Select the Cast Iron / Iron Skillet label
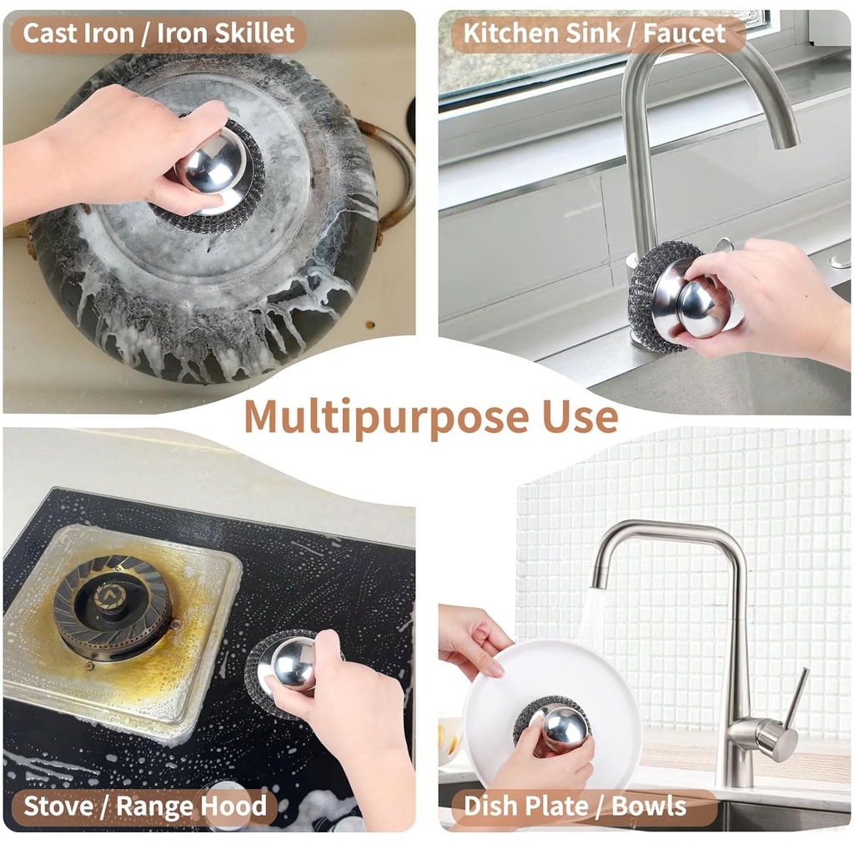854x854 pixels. click(x=158, y=33)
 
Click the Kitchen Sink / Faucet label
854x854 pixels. click(x=594, y=33)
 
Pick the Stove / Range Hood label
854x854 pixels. click(x=145, y=806)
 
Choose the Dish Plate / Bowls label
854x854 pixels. click(x=575, y=806)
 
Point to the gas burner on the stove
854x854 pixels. click(x=112, y=604)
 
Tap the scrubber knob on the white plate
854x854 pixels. click(x=563, y=728)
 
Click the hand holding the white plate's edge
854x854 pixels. click(x=471, y=638)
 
